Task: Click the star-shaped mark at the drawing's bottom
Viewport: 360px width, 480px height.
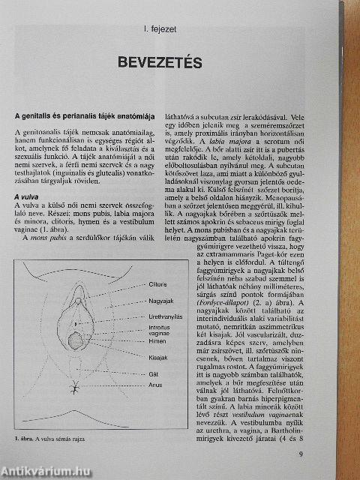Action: (x=76, y=389)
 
